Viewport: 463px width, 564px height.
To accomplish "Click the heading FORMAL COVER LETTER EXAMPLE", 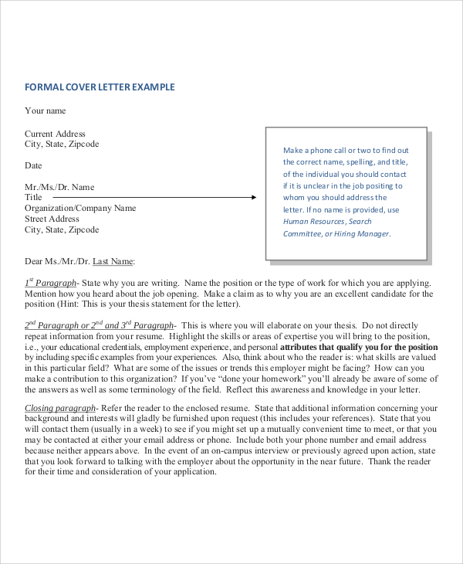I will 100,87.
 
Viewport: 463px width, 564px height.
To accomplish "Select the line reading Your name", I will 46,110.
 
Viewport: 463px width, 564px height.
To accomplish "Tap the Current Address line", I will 55,134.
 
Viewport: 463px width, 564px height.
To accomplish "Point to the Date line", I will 33,165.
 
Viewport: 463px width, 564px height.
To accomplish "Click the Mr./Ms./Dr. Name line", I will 59,187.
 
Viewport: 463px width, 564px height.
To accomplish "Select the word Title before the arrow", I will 33,198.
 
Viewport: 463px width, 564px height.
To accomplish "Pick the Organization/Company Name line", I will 80,209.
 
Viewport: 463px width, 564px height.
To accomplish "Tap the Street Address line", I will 52,219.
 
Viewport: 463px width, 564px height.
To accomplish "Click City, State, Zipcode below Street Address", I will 62,230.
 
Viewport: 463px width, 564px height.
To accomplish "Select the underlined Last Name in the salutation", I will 113,262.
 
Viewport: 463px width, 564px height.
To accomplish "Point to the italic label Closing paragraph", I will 59,408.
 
